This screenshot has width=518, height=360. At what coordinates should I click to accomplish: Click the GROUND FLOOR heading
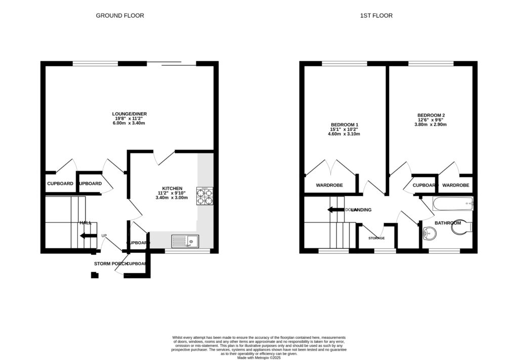[120, 16]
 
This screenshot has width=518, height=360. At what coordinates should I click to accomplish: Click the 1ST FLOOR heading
[376, 16]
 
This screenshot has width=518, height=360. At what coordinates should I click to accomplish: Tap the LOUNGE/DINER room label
[129, 114]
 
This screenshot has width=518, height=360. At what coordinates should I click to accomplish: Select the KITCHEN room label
[171, 188]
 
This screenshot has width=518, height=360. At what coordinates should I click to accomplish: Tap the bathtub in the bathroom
[452, 205]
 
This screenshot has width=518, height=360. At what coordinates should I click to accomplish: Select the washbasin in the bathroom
[429, 234]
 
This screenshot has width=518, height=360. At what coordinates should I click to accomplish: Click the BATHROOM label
[448, 223]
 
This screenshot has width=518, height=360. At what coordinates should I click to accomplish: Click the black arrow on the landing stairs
[336, 210]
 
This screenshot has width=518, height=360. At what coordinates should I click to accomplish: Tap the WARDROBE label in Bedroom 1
[329, 186]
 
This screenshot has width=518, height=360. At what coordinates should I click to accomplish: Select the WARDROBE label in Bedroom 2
[455, 186]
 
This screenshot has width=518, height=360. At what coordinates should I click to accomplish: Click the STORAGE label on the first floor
[376, 238]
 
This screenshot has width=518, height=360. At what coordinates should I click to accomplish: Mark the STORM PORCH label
[109, 264]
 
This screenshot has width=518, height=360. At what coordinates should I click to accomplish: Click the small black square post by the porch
[94, 275]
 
